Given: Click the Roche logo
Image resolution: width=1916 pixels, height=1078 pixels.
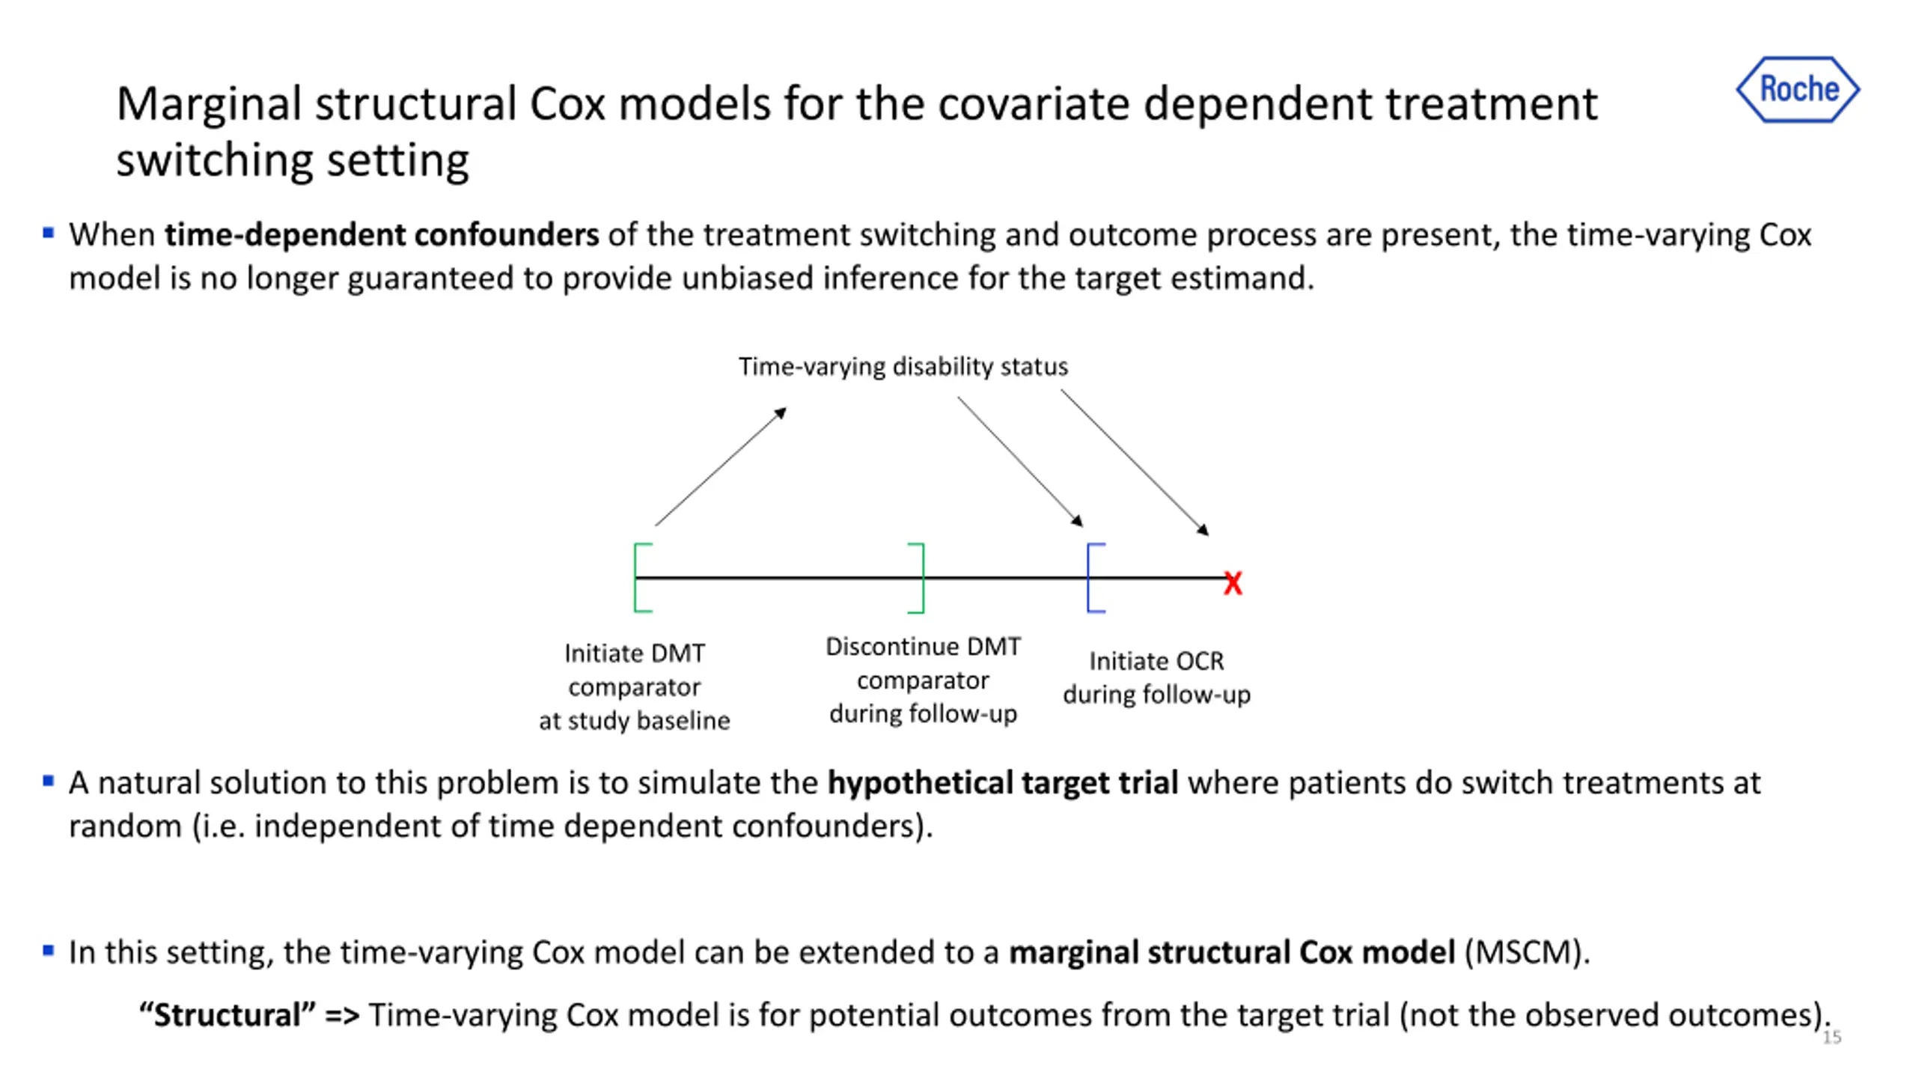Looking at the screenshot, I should [1798, 89].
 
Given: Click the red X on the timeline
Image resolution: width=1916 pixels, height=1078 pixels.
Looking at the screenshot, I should [1233, 582].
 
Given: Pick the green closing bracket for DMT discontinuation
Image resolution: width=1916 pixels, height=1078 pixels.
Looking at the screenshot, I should [918, 578].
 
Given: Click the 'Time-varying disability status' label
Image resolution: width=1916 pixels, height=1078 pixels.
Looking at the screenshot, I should [903, 367].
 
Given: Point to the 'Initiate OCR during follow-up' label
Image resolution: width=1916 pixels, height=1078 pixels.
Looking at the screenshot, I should [1156, 677].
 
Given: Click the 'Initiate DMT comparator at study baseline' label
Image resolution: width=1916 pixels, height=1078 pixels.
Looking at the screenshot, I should [634, 686].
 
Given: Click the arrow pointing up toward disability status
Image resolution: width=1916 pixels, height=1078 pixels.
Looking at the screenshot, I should [720, 466].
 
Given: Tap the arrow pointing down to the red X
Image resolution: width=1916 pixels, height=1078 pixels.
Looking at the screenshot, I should [1134, 462].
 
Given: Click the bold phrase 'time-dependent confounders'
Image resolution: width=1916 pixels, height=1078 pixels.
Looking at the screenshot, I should [382, 235].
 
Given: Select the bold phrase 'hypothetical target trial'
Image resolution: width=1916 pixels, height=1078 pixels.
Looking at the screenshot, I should [1002, 783].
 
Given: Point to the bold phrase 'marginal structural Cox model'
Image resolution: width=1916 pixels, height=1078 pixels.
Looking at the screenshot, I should [1231, 952].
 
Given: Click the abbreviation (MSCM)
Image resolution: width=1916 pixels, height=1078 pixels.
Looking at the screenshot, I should [1526, 952].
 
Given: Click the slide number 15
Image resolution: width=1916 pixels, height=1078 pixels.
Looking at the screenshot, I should [1831, 1037].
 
